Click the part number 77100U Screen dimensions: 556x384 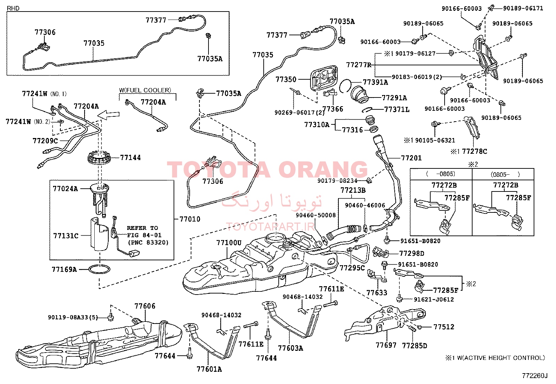point(229,242)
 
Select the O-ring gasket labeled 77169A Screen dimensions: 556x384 point(99,269)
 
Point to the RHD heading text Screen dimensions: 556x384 point(13,8)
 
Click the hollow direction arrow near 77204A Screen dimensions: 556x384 point(108,115)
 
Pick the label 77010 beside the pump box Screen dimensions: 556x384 point(190,219)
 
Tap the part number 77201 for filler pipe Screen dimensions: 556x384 point(411,158)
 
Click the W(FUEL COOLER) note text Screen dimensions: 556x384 point(145,90)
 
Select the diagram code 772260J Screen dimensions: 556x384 point(535,376)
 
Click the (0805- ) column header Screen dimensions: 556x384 point(505,174)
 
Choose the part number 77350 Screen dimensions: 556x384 point(286,79)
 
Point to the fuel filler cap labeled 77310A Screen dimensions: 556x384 point(370,121)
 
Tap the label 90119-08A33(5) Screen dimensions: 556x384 point(73,317)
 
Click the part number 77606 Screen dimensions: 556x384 point(145,306)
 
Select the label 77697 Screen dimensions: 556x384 point(386,345)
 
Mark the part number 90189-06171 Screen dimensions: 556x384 point(523,8)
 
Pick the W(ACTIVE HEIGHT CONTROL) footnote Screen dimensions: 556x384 point(501,358)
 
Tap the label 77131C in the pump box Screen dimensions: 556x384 point(66,236)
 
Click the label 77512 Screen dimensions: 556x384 point(444,327)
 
